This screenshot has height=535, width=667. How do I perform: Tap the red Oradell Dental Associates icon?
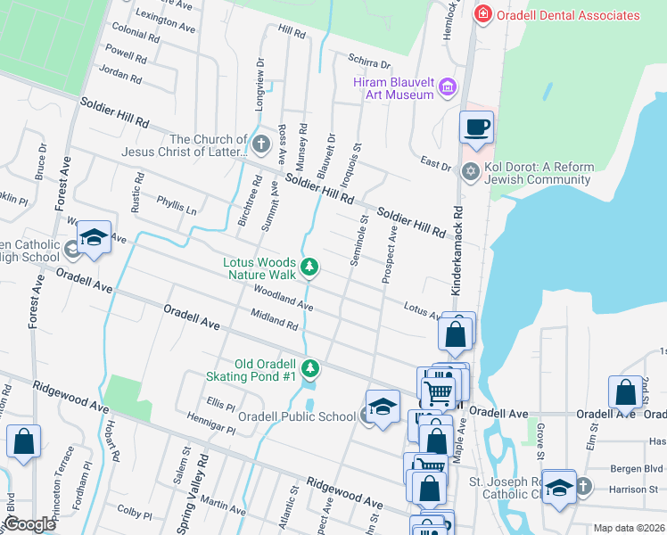coord(483,14)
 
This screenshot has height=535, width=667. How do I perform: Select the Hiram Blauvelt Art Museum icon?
coord(448,88)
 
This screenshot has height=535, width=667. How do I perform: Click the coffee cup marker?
coord(475,127)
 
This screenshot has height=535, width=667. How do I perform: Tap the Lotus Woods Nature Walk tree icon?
coord(309,266)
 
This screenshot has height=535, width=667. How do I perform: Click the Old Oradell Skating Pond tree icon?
coord(309,367)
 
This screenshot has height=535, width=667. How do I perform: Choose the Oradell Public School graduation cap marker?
coord(382,407)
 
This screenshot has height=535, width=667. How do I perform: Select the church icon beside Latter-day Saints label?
coord(261,144)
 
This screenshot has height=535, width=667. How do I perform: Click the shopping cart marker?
coord(438,390)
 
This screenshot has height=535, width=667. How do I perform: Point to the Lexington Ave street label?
coord(166,22)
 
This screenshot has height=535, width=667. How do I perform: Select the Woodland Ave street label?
coord(283,298)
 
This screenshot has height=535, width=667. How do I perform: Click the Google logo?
coord(29,523)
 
